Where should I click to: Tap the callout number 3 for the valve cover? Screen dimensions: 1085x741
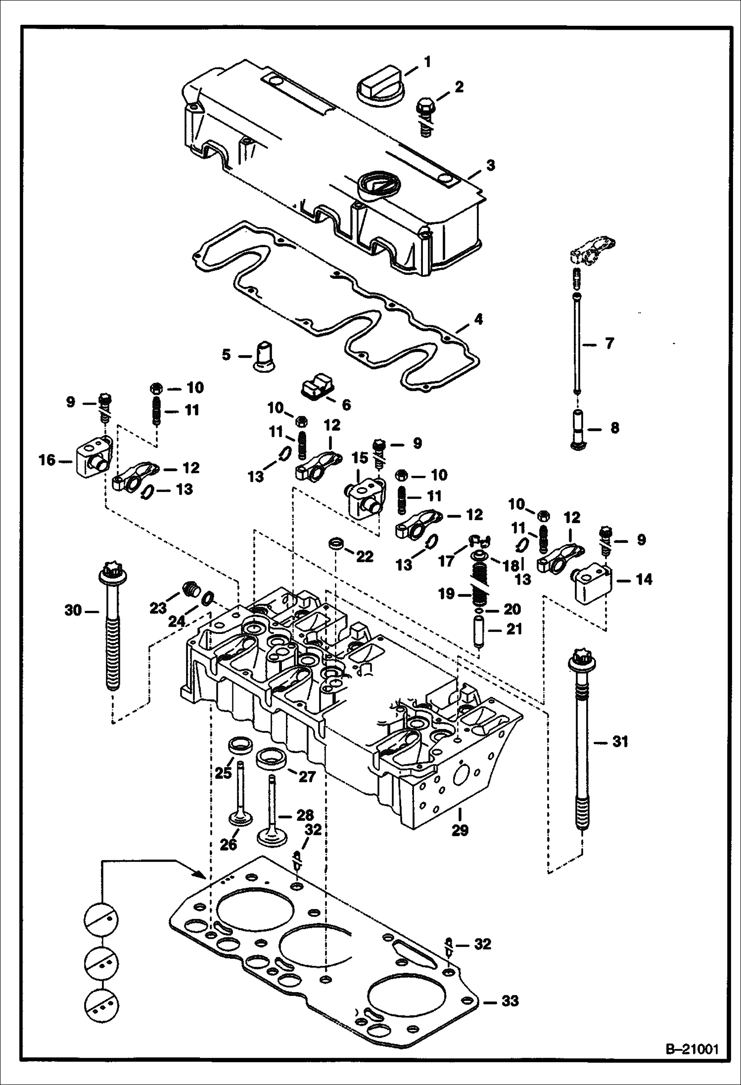(490, 165)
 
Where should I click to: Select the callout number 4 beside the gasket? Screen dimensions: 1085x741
(478, 319)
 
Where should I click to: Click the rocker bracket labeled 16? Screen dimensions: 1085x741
(93, 459)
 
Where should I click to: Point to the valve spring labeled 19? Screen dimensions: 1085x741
(479, 588)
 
